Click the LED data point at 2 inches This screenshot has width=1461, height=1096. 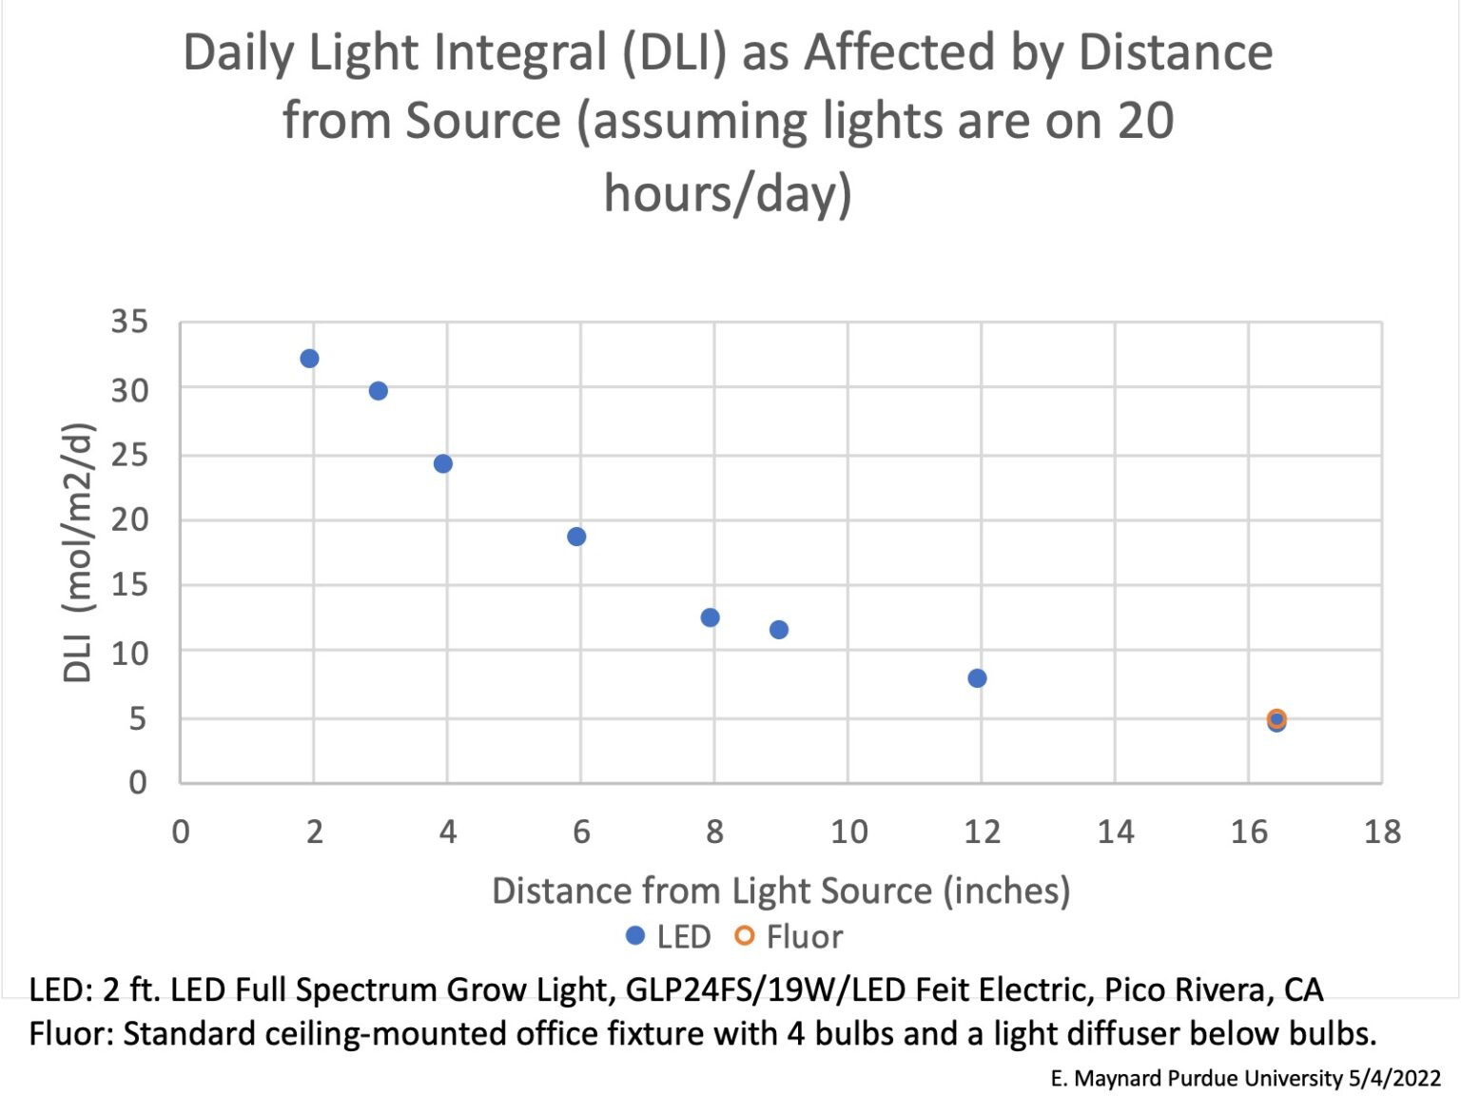pos(309,359)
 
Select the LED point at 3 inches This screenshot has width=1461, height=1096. pos(378,391)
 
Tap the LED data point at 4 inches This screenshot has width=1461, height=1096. pos(442,463)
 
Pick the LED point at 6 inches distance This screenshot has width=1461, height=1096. pos(576,537)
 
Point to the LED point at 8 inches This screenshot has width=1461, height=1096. pos(710,617)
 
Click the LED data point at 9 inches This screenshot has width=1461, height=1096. pos(778,630)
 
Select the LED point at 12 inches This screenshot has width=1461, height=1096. pos(977,678)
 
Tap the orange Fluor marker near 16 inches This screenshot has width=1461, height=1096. pos(1276,718)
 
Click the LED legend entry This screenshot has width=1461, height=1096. pos(669,937)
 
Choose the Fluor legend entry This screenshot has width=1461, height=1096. pos(789,937)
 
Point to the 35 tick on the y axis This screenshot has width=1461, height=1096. pos(129,322)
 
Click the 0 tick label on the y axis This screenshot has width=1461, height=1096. pos(138,783)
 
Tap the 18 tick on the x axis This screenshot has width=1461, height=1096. pos(1382,832)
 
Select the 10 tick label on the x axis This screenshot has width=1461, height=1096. pos(848,832)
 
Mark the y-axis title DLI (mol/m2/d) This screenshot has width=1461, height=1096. pos(78,552)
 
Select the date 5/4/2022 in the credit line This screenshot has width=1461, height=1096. pos(1394,1078)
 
